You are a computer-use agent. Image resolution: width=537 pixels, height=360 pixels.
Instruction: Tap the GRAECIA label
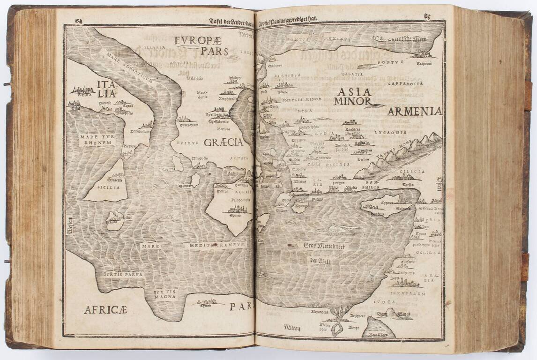[223, 142]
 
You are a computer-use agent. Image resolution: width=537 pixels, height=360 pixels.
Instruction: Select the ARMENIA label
[414, 111]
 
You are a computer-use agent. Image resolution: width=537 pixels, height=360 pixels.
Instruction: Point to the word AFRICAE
[105, 309]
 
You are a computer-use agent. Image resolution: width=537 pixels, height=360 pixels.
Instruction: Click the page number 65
[427, 17]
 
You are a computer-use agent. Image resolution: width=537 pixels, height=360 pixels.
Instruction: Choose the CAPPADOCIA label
[405, 83]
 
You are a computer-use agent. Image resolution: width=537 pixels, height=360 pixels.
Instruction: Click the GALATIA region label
[352, 74]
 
